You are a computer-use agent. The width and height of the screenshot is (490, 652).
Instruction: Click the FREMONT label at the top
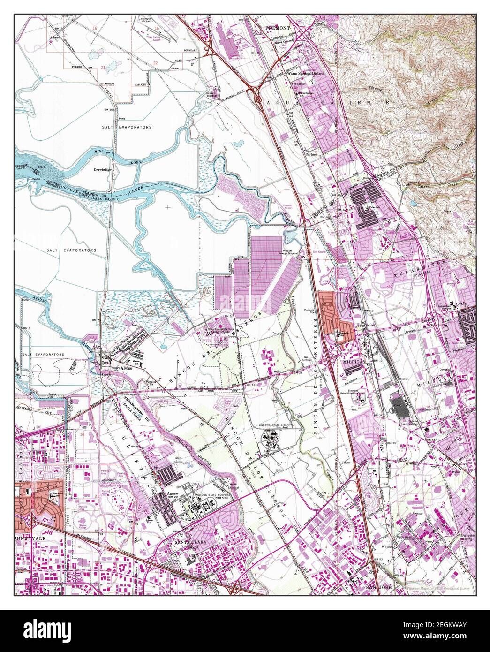pyautogui.click(x=278, y=28)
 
